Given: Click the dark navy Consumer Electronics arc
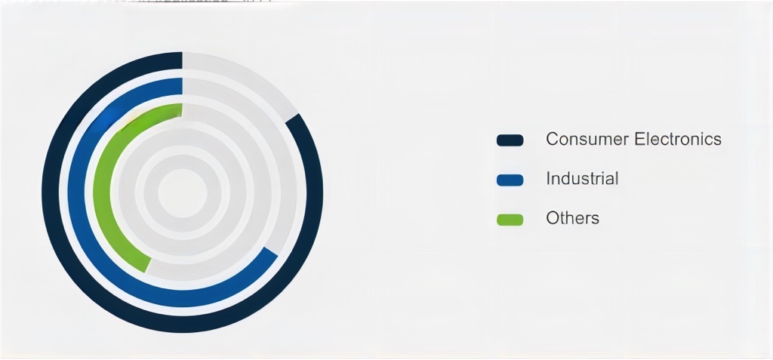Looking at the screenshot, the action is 51,192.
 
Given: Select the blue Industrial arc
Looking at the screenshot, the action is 76,192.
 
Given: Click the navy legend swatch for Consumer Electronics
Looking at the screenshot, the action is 510,140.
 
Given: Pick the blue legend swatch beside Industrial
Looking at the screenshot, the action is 510,180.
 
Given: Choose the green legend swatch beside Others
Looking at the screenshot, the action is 510,220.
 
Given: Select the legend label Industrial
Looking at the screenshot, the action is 582,178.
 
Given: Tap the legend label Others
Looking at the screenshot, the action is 572,217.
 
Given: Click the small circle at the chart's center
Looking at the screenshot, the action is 183,192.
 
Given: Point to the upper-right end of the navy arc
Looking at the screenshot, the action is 293,118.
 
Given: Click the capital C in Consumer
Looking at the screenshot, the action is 553,139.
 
